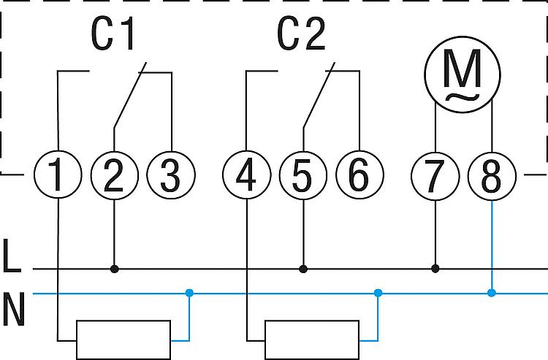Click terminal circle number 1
[58, 176]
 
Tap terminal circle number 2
[114, 176]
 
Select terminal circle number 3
[170, 176]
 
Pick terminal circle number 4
[247, 176]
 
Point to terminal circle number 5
[303, 176]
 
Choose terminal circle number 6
[359, 176]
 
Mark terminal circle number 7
[435, 176]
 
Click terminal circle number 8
[492, 176]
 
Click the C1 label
[114, 35]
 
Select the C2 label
[302, 35]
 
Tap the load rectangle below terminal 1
[124, 340]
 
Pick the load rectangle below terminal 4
[312, 340]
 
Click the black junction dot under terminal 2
[114, 269]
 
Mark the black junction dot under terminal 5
[303, 269]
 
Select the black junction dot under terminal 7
[435, 269]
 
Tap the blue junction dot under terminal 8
[492, 293]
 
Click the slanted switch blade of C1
[130, 96]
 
